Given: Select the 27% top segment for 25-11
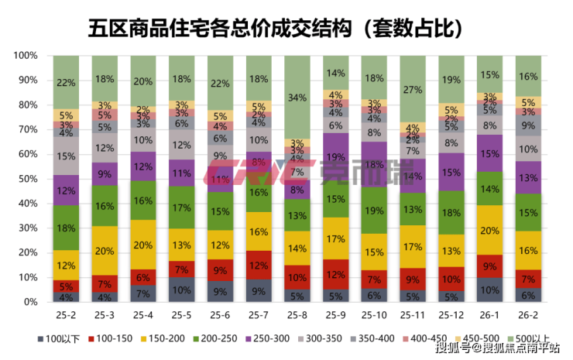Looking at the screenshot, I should tap(413, 89).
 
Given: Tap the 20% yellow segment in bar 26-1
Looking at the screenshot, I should tap(489, 230).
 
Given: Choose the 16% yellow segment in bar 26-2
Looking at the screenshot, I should tap(527, 251).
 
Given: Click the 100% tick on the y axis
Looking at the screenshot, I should tap(27, 56).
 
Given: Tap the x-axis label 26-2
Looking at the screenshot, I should tap(527, 315).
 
